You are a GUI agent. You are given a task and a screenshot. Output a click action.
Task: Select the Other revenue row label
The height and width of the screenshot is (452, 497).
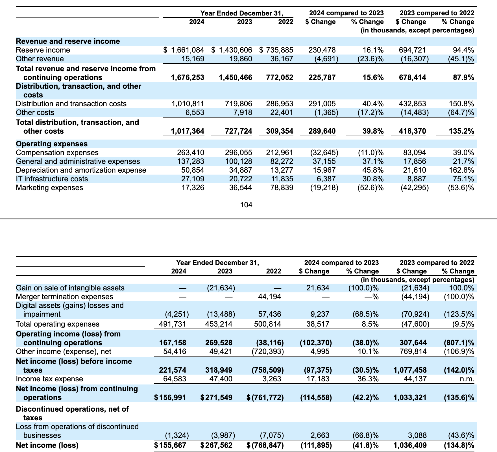pyautogui.click(x=40, y=59)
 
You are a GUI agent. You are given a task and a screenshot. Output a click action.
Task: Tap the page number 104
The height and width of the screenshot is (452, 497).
pyautogui.click(x=246, y=205)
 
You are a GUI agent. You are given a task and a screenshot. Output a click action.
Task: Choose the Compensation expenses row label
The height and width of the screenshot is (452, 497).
pyautogui.click(x=57, y=153)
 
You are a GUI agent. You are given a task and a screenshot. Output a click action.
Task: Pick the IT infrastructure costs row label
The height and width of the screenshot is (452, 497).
pyautogui.click(x=52, y=179)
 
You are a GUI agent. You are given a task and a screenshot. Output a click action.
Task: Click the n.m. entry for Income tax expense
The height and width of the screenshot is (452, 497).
pyautogui.click(x=467, y=379)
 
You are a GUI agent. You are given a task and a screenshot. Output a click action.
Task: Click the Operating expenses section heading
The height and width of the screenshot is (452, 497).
pyautogui.click(x=52, y=144)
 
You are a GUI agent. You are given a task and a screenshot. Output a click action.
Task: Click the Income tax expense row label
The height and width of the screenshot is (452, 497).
pyautogui.click(x=49, y=379)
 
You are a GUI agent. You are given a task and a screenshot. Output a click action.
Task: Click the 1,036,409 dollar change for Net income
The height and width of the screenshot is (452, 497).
pyautogui.click(x=410, y=446)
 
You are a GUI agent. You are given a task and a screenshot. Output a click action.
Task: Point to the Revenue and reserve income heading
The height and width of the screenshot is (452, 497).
pyautogui.click(x=68, y=42)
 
